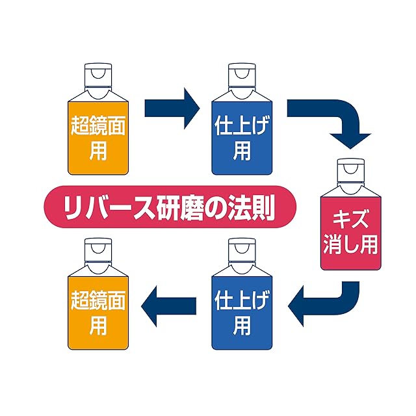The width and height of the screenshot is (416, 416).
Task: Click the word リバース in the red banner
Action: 94,208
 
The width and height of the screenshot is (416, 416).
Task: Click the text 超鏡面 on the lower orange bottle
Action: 98,303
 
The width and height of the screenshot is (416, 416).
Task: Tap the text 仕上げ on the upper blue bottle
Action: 242,127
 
